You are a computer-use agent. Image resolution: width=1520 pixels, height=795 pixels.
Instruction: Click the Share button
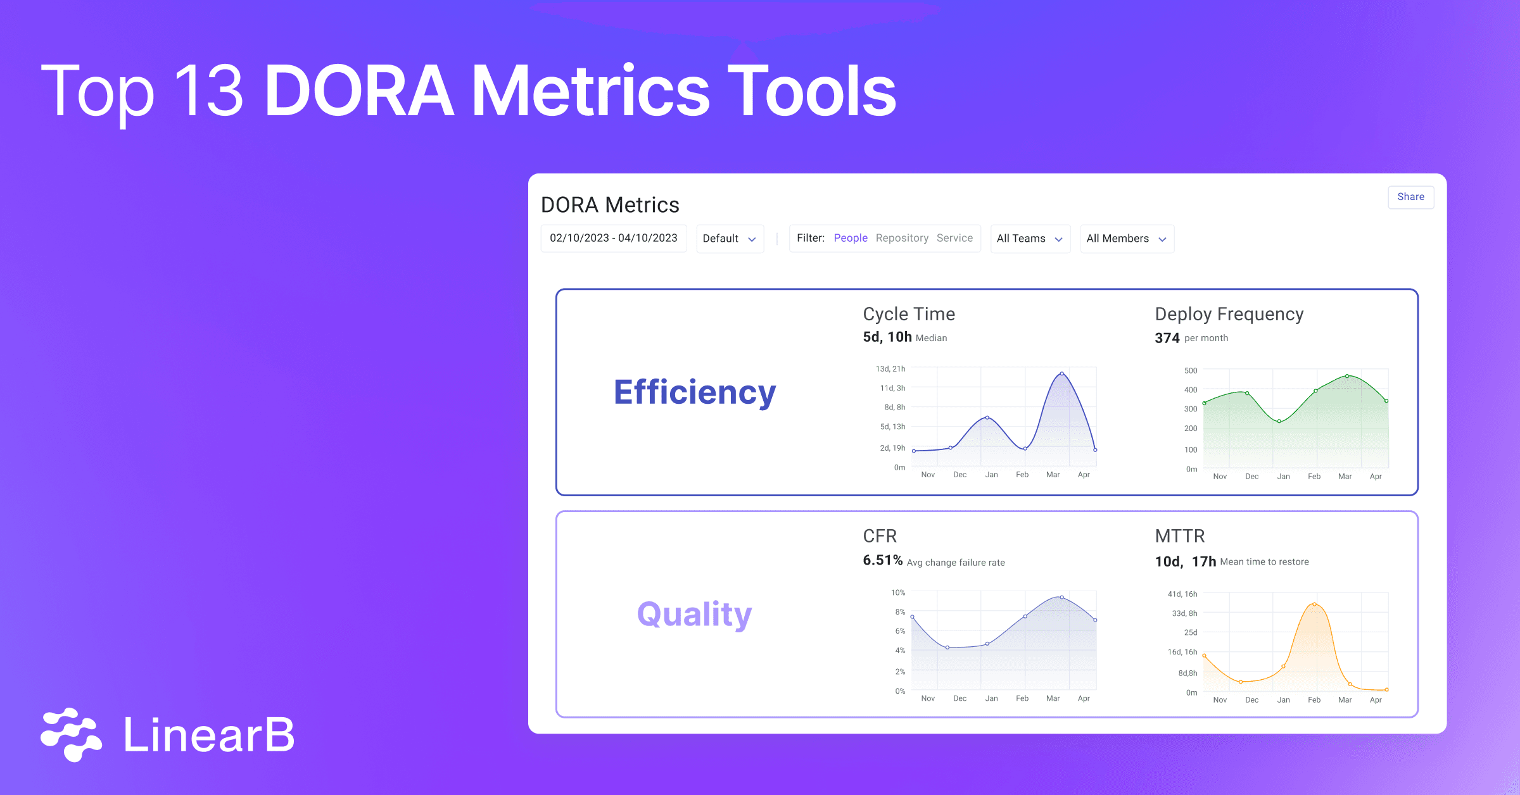[x=1410, y=197]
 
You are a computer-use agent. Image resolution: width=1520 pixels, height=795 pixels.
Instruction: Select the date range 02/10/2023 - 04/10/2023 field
[x=613, y=238]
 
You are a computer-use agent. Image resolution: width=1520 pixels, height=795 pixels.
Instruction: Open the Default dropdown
[x=730, y=239]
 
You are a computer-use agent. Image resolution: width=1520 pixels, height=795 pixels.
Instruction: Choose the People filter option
[x=850, y=238]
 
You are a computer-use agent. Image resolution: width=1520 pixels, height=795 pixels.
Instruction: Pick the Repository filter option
[x=902, y=238]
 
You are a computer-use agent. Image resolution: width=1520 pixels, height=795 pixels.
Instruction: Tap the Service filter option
[x=954, y=238]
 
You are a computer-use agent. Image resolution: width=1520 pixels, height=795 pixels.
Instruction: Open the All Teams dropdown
[x=1030, y=239]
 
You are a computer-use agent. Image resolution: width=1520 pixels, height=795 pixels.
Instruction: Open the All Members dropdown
[x=1127, y=239]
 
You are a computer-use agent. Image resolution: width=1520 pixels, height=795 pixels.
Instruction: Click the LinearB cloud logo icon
[x=71, y=734]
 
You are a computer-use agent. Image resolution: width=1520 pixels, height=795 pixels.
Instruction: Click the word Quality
[x=694, y=614]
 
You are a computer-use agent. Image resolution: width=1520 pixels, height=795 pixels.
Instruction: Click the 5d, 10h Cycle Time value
[x=887, y=337]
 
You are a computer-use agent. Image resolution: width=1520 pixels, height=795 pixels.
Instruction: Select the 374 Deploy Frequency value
[x=1167, y=338]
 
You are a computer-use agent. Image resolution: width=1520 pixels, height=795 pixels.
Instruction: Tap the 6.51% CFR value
[x=882, y=560]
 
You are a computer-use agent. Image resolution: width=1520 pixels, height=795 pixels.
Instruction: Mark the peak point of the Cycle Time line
[x=1062, y=373]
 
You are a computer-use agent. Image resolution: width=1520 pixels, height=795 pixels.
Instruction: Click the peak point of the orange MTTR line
[x=1315, y=604]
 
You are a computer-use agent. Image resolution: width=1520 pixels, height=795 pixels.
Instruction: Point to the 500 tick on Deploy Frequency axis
[x=1191, y=370]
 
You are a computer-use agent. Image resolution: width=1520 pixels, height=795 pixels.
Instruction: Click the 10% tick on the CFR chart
[x=897, y=592]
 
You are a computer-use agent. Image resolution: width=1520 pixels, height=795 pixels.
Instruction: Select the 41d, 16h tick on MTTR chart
[x=1182, y=594]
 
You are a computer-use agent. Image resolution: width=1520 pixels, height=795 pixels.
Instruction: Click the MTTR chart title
[x=1179, y=536]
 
